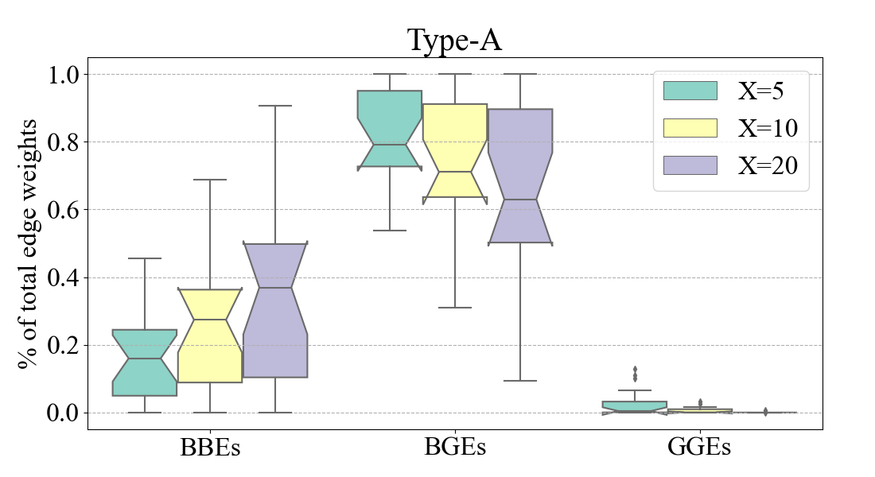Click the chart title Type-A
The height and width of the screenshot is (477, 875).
tap(454, 41)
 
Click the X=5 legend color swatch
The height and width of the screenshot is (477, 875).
tap(690, 91)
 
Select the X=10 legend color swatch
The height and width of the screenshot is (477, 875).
tap(690, 128)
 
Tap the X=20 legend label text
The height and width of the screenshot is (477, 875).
tap(768, 165)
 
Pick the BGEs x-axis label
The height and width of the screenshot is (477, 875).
tap(455, 448)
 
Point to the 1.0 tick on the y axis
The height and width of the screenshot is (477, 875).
tap(68, 75)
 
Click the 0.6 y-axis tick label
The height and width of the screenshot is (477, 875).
tap(68, 210)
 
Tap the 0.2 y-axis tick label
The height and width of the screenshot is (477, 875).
tap(68, 346)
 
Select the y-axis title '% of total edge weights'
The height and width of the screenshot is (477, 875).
tap(29, 243)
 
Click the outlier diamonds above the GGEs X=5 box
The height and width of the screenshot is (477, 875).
tap(635, 374)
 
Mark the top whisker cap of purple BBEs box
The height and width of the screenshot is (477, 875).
tap(275, 106)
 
